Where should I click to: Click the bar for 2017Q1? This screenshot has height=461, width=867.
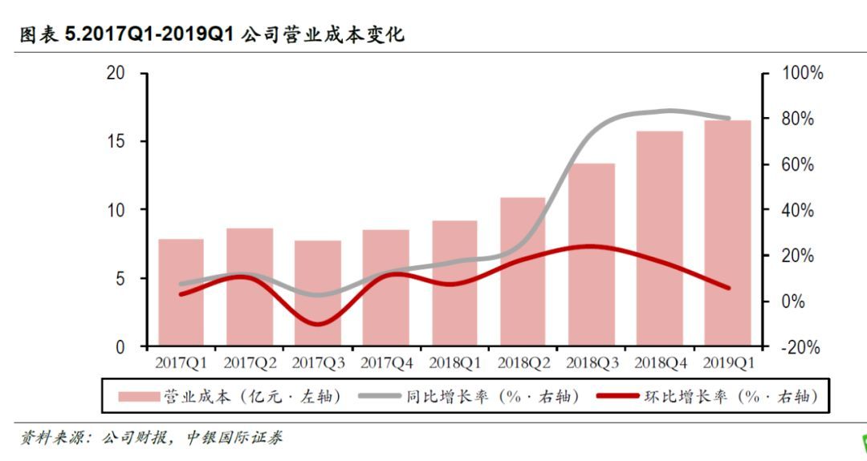click(x=181, y=293)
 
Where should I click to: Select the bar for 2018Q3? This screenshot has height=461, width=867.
click(x=592, y=255)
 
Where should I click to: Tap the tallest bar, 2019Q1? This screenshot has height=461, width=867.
click(x=728, y=233)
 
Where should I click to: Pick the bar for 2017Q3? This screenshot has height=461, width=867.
click(x=317, y=293)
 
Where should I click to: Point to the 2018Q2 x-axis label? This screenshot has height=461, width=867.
click(x=523, y=363)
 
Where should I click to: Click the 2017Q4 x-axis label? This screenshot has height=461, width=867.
click(x=386, y=363)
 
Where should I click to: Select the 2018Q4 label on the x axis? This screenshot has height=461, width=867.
click(x=660, y=363)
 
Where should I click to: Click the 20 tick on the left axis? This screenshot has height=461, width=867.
click(x=116, y=73)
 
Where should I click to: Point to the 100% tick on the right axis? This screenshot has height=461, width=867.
click(x=797, y=73)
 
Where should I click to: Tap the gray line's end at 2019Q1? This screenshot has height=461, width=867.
click(x=728, y=118)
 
